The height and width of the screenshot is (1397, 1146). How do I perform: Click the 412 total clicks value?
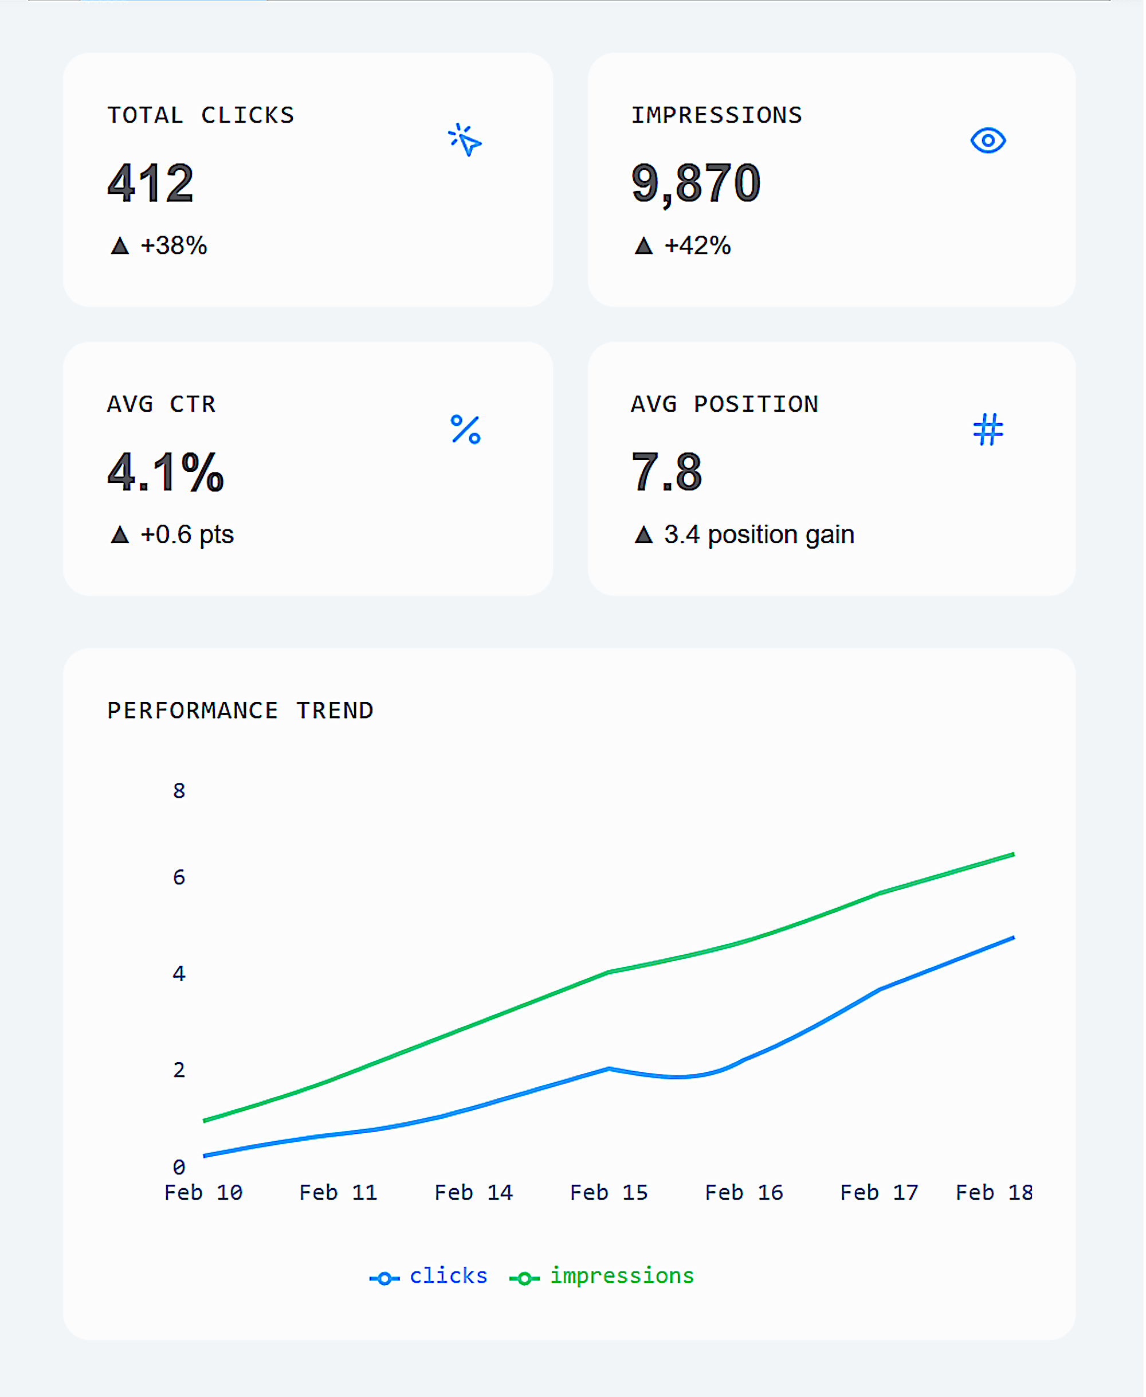click(x=151, y=183)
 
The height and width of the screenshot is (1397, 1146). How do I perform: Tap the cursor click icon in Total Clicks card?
click(x=465, y=141)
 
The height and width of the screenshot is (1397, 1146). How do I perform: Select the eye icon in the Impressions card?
click(x=988, y=141)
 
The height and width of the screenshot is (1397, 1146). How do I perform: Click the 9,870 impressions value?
click(x=696, y=183)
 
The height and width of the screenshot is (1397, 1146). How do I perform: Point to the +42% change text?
click(x=697, y=245)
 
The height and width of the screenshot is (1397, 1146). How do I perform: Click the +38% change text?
click(x=174, y=245)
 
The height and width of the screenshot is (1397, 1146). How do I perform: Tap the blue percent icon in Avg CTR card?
click(x=465, y=430)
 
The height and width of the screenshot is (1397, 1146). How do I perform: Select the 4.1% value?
click(x=166, y=473)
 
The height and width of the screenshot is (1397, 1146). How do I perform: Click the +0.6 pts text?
click(x=187, y=534)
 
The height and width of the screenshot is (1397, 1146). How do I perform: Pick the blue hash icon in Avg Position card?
click(x=988, y=430)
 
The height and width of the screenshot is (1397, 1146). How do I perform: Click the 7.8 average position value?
click(x=667, y=473)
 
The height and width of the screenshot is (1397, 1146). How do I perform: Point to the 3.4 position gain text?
click(x=759, y=534)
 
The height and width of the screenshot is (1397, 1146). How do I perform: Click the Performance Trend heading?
click(x=240, y=711)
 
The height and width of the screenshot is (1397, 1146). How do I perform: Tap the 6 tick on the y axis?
click(x=179, y=877)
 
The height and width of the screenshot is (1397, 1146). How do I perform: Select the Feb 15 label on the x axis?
click(x=609, y=1192)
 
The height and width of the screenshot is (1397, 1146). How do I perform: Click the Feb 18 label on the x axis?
click(x=994, y=1192)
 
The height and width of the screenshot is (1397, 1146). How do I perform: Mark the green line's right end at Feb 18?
click(x=1012, y=854)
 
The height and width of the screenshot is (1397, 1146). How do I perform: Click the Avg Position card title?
click(x=724, y=404)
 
